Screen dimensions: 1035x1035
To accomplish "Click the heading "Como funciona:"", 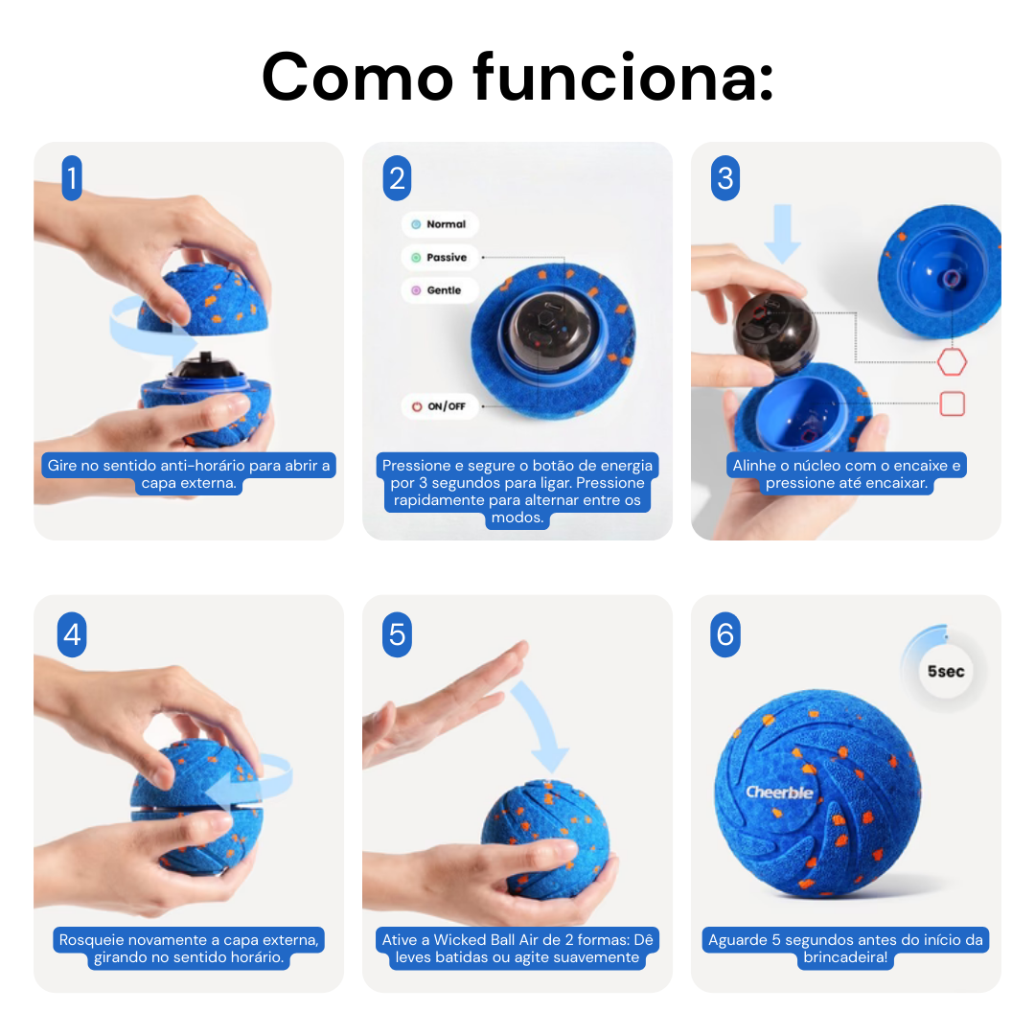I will pos(517,77).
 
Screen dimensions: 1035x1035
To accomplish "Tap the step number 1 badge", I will pos(72,179).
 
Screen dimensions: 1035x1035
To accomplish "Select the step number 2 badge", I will pos(397,179).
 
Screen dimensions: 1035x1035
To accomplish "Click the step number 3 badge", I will pos(725,179).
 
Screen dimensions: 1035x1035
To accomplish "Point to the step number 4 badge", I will pos(72,635).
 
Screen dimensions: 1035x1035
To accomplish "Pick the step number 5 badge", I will pos(397,635).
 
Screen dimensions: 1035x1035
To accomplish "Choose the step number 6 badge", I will pos(725,635).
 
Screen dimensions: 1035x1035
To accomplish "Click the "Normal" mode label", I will pos(440,224).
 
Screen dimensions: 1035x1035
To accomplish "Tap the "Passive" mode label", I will pos(440,257).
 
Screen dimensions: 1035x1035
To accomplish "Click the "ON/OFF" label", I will pos(440,406).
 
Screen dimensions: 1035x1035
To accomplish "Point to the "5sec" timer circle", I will pos(945,671).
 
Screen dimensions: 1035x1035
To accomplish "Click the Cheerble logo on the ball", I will pos(780,793).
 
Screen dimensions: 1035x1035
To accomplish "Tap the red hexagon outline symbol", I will pos(952,362).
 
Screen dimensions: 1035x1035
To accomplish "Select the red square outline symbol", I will pos(952,403).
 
